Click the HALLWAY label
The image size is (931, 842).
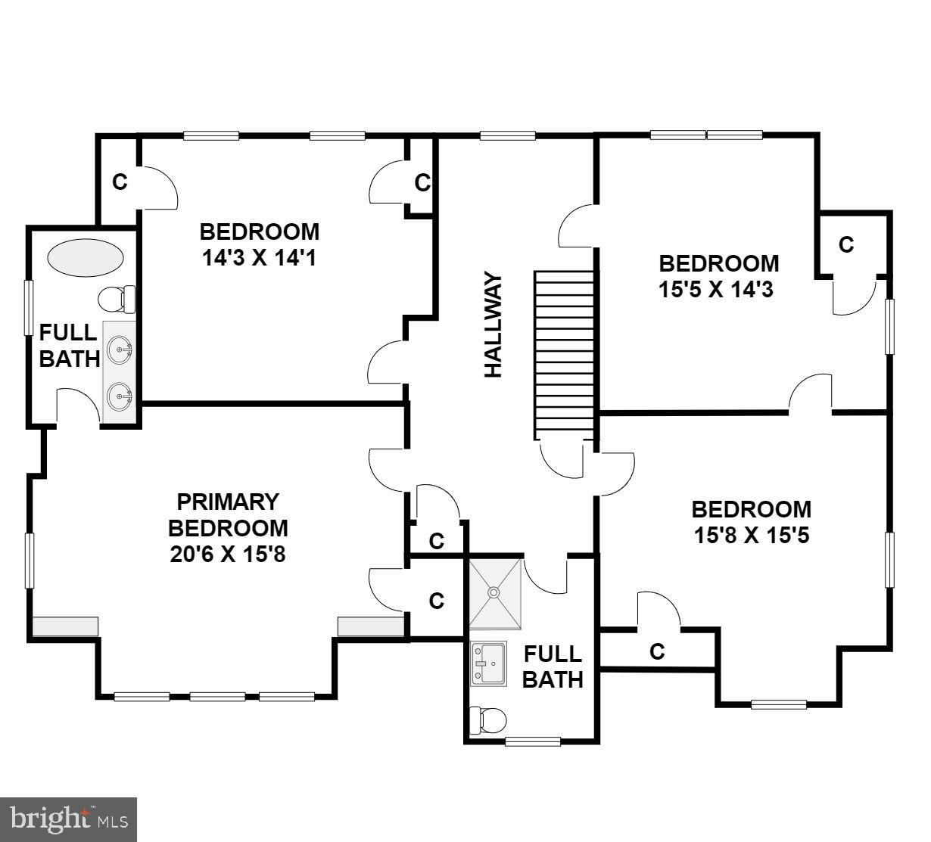493,325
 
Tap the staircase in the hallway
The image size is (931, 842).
565,354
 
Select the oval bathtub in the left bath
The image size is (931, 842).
85,257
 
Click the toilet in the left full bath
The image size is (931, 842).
117,299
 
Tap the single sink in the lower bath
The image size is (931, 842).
488,663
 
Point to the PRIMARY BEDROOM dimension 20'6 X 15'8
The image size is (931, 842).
228,555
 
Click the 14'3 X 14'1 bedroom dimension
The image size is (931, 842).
258,258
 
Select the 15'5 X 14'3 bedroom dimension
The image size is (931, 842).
716,290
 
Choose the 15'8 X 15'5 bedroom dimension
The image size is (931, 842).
752,536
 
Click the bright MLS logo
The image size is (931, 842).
68,819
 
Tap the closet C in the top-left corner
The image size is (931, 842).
119,182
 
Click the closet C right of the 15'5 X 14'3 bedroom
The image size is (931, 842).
846,244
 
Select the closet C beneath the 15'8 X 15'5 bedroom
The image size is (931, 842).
657,651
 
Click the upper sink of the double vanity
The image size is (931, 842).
120,350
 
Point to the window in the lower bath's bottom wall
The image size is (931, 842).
532,741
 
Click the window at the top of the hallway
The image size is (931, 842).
508,136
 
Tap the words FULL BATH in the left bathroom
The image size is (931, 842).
69,345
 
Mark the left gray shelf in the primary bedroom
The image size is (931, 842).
65,626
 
